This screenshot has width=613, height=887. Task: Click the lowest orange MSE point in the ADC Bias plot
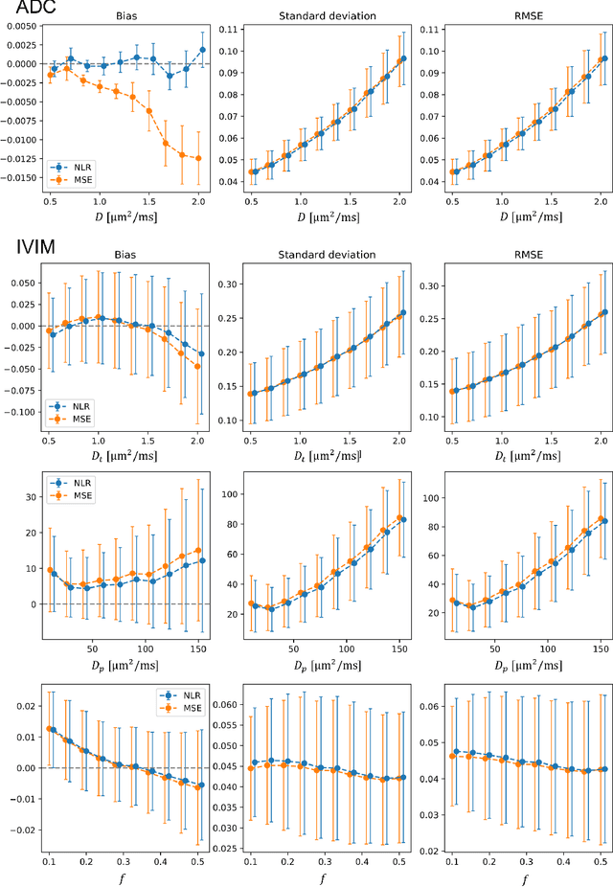[x=198, y=158]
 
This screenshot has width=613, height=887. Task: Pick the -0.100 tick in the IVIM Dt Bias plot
[x=23, y=413]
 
